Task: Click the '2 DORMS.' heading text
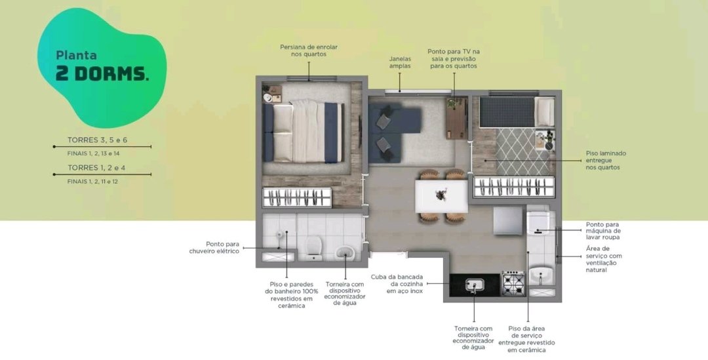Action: (102, 74)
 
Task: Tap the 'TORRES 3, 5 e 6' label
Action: (98, 140)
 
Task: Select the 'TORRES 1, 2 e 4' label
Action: (96, 168)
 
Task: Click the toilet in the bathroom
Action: (313, 248)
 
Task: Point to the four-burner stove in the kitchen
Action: (513, 283)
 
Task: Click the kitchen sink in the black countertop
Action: (475, 285)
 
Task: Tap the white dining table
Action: (441, 197)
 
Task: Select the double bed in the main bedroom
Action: (304, 132)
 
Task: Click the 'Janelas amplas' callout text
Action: (400, 62)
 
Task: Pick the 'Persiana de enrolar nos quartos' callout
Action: (309, 50)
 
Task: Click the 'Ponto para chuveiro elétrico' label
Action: (214, 247)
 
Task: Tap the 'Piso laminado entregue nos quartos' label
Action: (606, 161)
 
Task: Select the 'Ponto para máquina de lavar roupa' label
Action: (603, 230)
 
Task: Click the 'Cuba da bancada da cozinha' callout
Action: (397, 284)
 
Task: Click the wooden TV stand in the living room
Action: (456, 118)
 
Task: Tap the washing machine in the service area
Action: (538, 223)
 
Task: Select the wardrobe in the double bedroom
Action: (297, 197)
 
